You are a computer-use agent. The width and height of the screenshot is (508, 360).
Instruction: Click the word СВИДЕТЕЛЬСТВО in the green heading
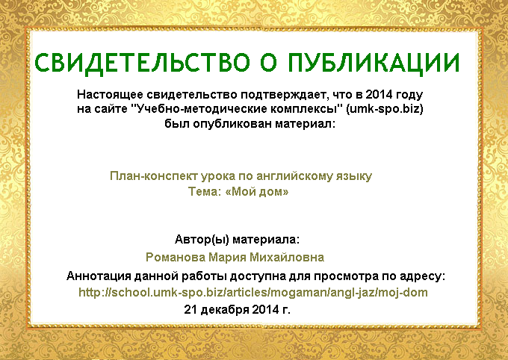click(x=142, y=63)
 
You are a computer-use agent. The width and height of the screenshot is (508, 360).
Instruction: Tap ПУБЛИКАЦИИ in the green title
click(x=374, y=63)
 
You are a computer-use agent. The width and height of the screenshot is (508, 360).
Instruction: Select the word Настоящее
click(x=110, y=95)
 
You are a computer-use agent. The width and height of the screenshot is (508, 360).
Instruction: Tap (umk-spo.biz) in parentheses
click(x=384, y=109)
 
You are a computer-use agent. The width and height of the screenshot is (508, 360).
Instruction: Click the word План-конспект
click(x=154, y=176)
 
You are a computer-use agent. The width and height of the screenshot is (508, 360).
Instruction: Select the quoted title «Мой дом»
click(x=256, y=192)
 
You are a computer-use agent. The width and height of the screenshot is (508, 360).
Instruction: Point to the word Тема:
click(x=205, y=192)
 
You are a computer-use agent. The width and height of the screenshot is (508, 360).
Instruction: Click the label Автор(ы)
click(x=202, y=240)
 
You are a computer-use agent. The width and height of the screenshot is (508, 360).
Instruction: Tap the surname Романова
click(x=176, y=258)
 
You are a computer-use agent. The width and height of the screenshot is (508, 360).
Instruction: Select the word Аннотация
click(x=99, y=276)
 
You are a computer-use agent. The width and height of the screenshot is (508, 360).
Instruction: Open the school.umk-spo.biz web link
click(x=253, y=293)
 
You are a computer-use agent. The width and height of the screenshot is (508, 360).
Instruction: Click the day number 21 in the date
click(x=190, y=309)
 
